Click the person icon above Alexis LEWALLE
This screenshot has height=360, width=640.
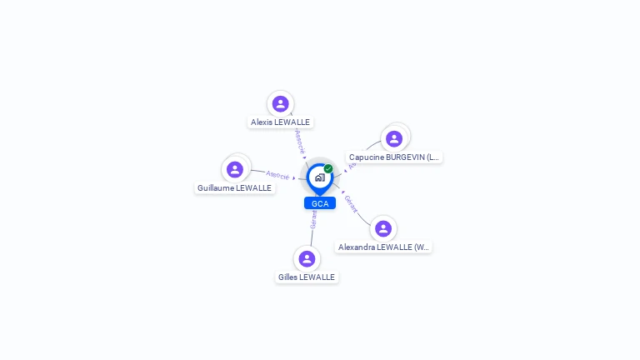280,103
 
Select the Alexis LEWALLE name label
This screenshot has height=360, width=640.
280,122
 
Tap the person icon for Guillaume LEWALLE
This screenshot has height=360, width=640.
235,169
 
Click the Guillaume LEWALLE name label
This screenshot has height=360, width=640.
235,188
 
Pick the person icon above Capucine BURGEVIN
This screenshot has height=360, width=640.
394,138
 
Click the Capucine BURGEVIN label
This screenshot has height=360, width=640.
393,157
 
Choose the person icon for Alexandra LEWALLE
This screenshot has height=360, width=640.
383,228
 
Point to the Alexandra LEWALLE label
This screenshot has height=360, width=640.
383,247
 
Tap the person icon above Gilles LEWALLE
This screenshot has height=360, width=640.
307,258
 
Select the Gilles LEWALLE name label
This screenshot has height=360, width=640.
307,277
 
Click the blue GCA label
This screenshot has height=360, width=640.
319,203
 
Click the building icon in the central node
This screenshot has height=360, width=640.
319,177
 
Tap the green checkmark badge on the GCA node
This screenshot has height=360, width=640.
328,168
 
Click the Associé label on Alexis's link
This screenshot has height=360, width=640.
299,141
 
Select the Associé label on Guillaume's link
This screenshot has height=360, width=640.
277,175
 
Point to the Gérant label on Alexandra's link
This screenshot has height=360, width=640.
351,204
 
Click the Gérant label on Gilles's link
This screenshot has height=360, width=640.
313,219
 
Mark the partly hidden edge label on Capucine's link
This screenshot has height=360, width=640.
352,166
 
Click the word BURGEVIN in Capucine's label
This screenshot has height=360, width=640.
399,157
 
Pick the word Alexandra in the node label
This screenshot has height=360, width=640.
357,247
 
